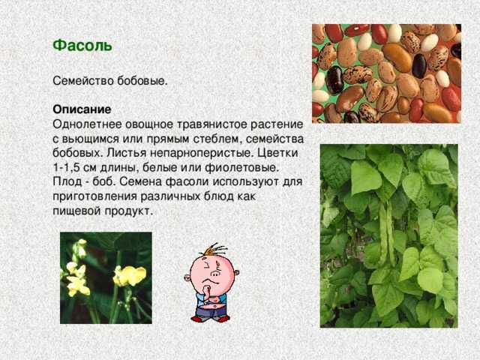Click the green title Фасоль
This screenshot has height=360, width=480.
click(82, 46)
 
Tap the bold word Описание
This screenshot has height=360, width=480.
click(82, 109)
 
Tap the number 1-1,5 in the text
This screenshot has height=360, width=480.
click(65, 167)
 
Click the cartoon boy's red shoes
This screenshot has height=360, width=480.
click(210, 319)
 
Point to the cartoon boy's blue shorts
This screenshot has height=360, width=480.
click(211, 308)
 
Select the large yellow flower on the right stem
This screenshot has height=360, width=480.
click(129, 275)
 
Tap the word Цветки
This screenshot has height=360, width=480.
click(277, 153)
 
